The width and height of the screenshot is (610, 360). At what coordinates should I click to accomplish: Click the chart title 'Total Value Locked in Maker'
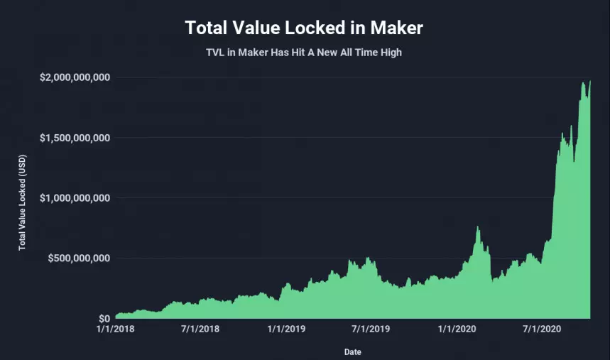[x=304, y=28]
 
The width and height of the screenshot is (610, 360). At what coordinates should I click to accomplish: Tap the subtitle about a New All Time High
[x=304, y=53]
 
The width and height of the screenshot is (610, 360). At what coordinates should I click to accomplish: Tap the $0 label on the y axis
[x=103, y=318]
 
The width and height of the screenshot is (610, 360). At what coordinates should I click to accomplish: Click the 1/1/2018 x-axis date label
[x=115, y=329]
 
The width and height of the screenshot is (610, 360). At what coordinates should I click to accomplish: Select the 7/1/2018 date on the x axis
[x=200, y=329]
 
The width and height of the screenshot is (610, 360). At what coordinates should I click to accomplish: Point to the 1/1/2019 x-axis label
[x=285, y=329]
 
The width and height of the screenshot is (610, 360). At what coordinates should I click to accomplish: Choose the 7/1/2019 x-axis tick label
[x=370, y=329]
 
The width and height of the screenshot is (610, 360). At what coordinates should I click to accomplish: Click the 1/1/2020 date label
[x=455, y=329]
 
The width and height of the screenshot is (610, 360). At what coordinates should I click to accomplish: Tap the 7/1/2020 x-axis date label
[x=540, y=329]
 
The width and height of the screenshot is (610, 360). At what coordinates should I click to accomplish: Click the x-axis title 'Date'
[x=352, y=351]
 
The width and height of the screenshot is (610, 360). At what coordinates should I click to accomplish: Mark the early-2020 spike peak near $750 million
[x=478, y=227]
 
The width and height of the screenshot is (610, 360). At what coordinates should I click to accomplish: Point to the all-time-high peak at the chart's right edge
[x=589, y=82]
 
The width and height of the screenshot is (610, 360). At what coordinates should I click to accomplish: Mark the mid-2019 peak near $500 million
[x=367, y=258]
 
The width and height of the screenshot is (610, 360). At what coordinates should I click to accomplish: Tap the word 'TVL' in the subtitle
[x=216, y=53]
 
